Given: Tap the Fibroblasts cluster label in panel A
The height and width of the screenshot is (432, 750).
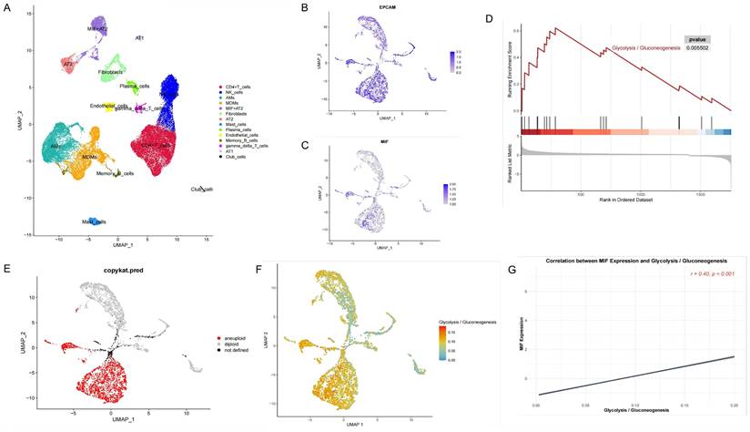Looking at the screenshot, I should tap(111, 71).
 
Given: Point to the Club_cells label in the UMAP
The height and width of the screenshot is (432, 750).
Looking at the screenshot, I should tap(201, 189).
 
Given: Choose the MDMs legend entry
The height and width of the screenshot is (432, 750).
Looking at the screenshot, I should tap(232, 107).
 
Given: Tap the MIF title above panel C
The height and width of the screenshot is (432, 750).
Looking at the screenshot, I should tap(366, 142).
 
